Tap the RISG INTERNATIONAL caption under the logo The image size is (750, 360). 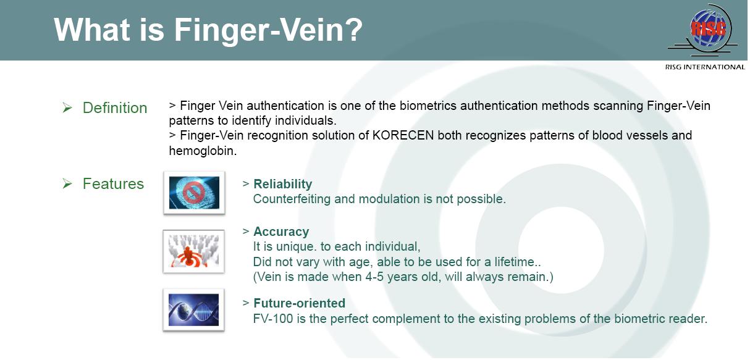[705, 67]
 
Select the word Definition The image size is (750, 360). [115, 108]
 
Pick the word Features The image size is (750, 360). [113, 183]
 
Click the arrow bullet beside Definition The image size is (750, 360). [67, 107]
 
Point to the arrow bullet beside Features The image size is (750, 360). [67, 183]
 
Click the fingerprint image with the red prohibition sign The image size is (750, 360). [194, 193]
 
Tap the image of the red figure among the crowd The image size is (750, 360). [193, 251]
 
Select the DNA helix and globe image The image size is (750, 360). [193, 310]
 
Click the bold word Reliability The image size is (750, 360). [282, 184]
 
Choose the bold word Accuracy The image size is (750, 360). [281, 232]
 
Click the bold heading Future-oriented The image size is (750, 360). [300, 303]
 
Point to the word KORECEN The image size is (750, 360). [403, 135]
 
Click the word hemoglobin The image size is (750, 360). [203, 151]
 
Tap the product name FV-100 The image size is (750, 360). [273, 319]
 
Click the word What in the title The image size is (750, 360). [92, 30]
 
